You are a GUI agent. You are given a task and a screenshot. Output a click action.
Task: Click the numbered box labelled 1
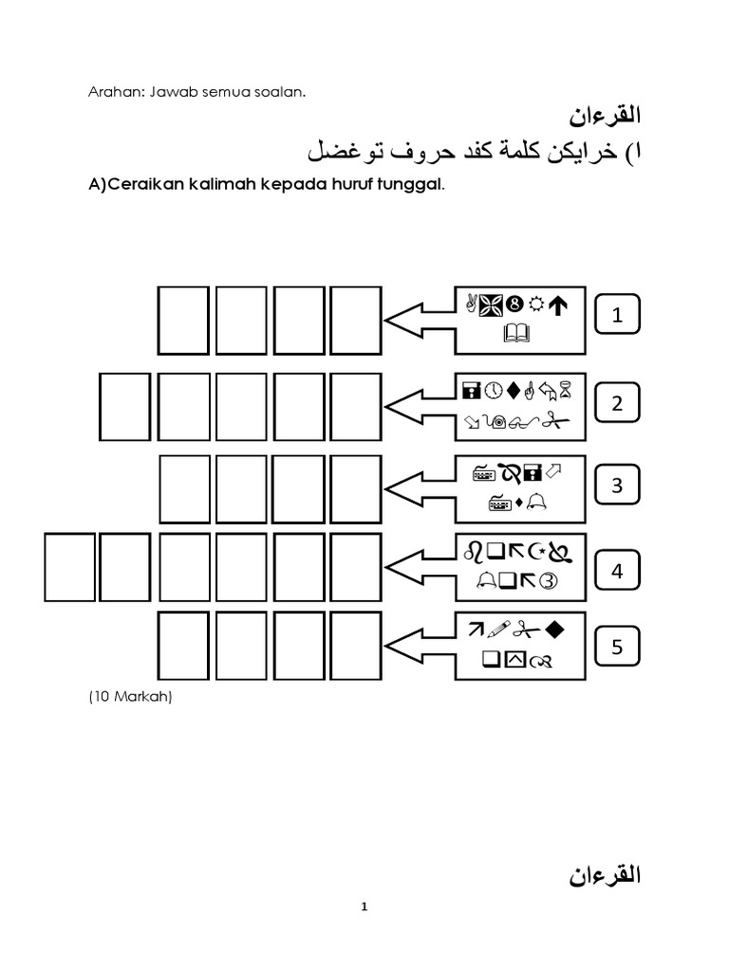(617, 316)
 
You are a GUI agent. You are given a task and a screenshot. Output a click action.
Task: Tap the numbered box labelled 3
(617, 485)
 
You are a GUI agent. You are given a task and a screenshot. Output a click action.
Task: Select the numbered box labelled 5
(617, 648)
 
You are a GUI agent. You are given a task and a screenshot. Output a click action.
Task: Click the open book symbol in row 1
(521, 334)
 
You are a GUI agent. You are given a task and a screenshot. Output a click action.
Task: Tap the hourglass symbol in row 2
(568, 388)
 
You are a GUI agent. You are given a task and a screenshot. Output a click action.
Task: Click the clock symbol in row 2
(493, 389)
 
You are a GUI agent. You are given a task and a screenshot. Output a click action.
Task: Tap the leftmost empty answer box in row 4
(71, 567)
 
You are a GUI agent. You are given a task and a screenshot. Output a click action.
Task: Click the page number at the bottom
(364, 907)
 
